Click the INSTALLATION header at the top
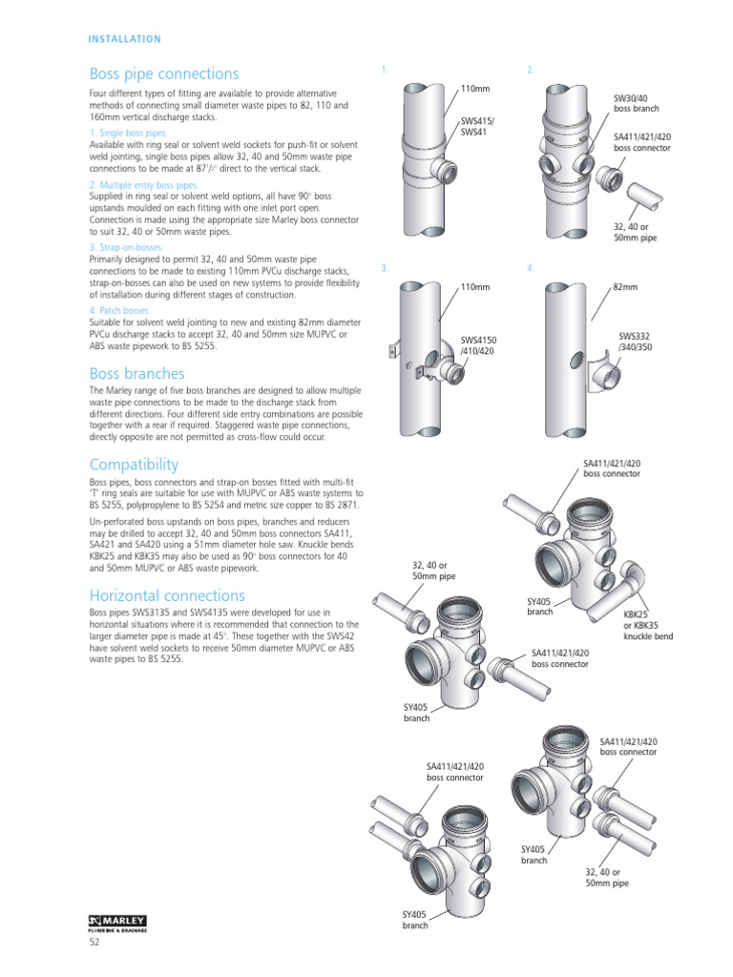click(124, 39)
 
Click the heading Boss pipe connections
click(163, 73)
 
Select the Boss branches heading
click(136, 374)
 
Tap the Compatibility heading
click(134, 465)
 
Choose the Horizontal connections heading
click(167, 595)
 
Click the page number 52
click(94, 943)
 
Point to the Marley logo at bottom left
click(117, 923)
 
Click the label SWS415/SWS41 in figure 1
click(478, 127)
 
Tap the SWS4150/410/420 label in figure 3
click(479, 344)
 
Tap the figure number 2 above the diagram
click(531, 71)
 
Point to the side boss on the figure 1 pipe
click(441, 175)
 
